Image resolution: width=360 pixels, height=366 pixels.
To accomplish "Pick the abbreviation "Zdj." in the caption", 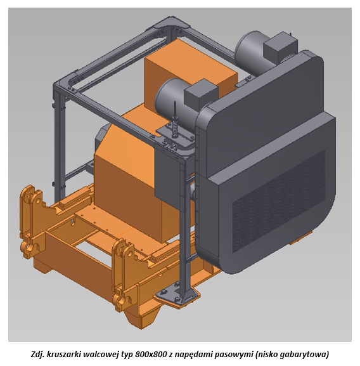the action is pyautogui.click(x=37, y=355).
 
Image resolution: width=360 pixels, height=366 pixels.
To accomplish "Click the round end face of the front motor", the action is pyautogui.click(x=164, y=96).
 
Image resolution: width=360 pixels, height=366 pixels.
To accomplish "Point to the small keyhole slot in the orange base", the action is pyautogui.click(x=74, y=222).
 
